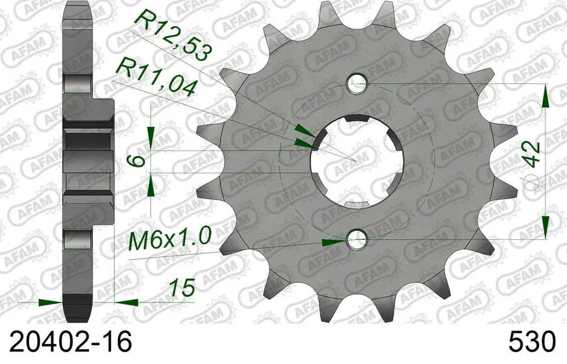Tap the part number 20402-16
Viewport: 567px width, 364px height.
(x=67, y=342)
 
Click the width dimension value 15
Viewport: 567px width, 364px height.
(x=183, y=287)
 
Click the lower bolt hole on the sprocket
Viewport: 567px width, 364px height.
(x=357, y=240)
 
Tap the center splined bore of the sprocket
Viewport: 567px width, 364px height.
(x=357, y=161)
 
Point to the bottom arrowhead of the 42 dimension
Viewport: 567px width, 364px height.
(x=545, y=227)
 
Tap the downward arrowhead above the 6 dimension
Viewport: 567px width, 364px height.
(x=151, y=137)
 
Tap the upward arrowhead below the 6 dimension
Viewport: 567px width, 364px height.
(x=151, y=184)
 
